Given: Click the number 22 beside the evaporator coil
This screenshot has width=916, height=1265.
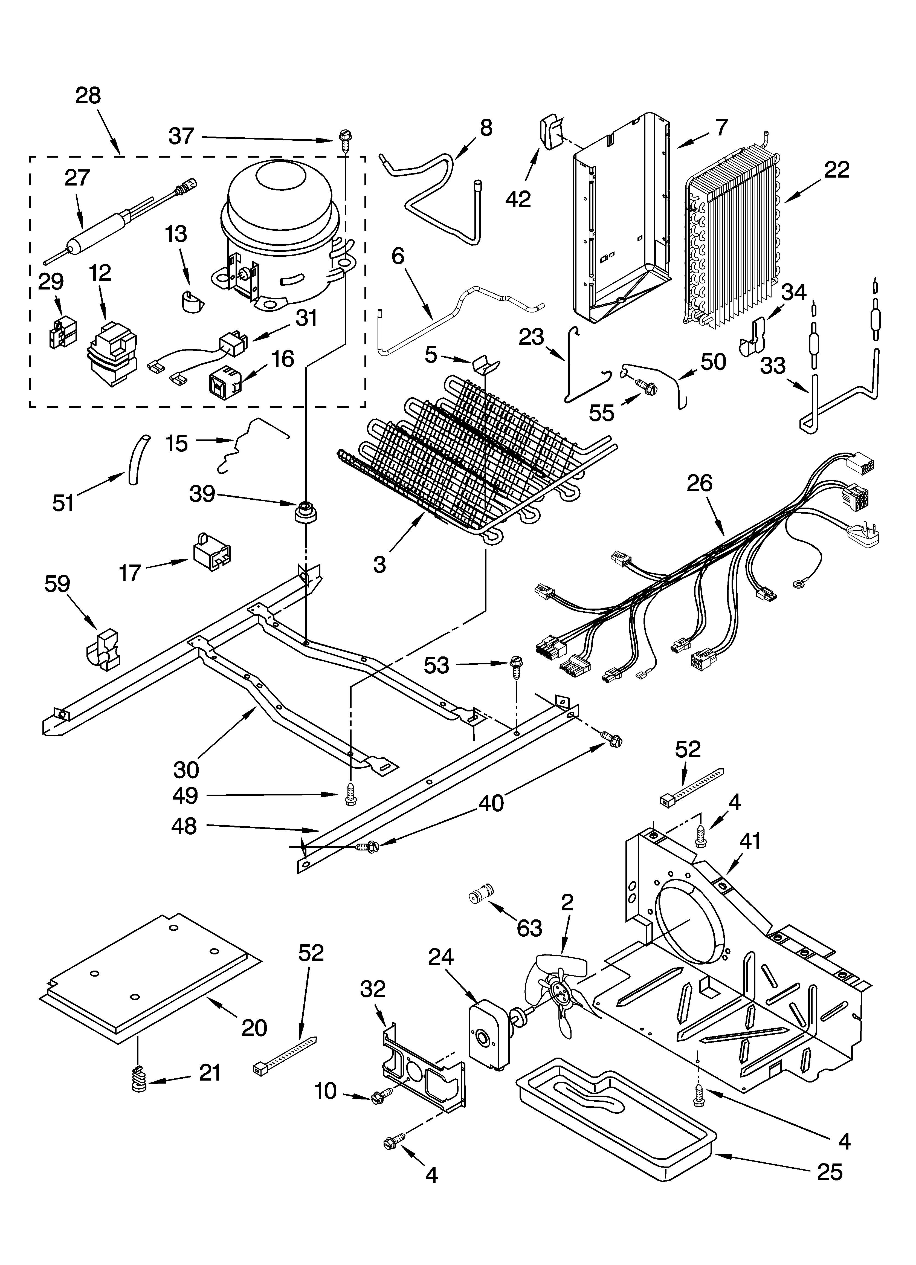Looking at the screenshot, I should [x=836, y=170].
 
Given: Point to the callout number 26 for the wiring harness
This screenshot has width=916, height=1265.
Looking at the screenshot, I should [x=700, y=483].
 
